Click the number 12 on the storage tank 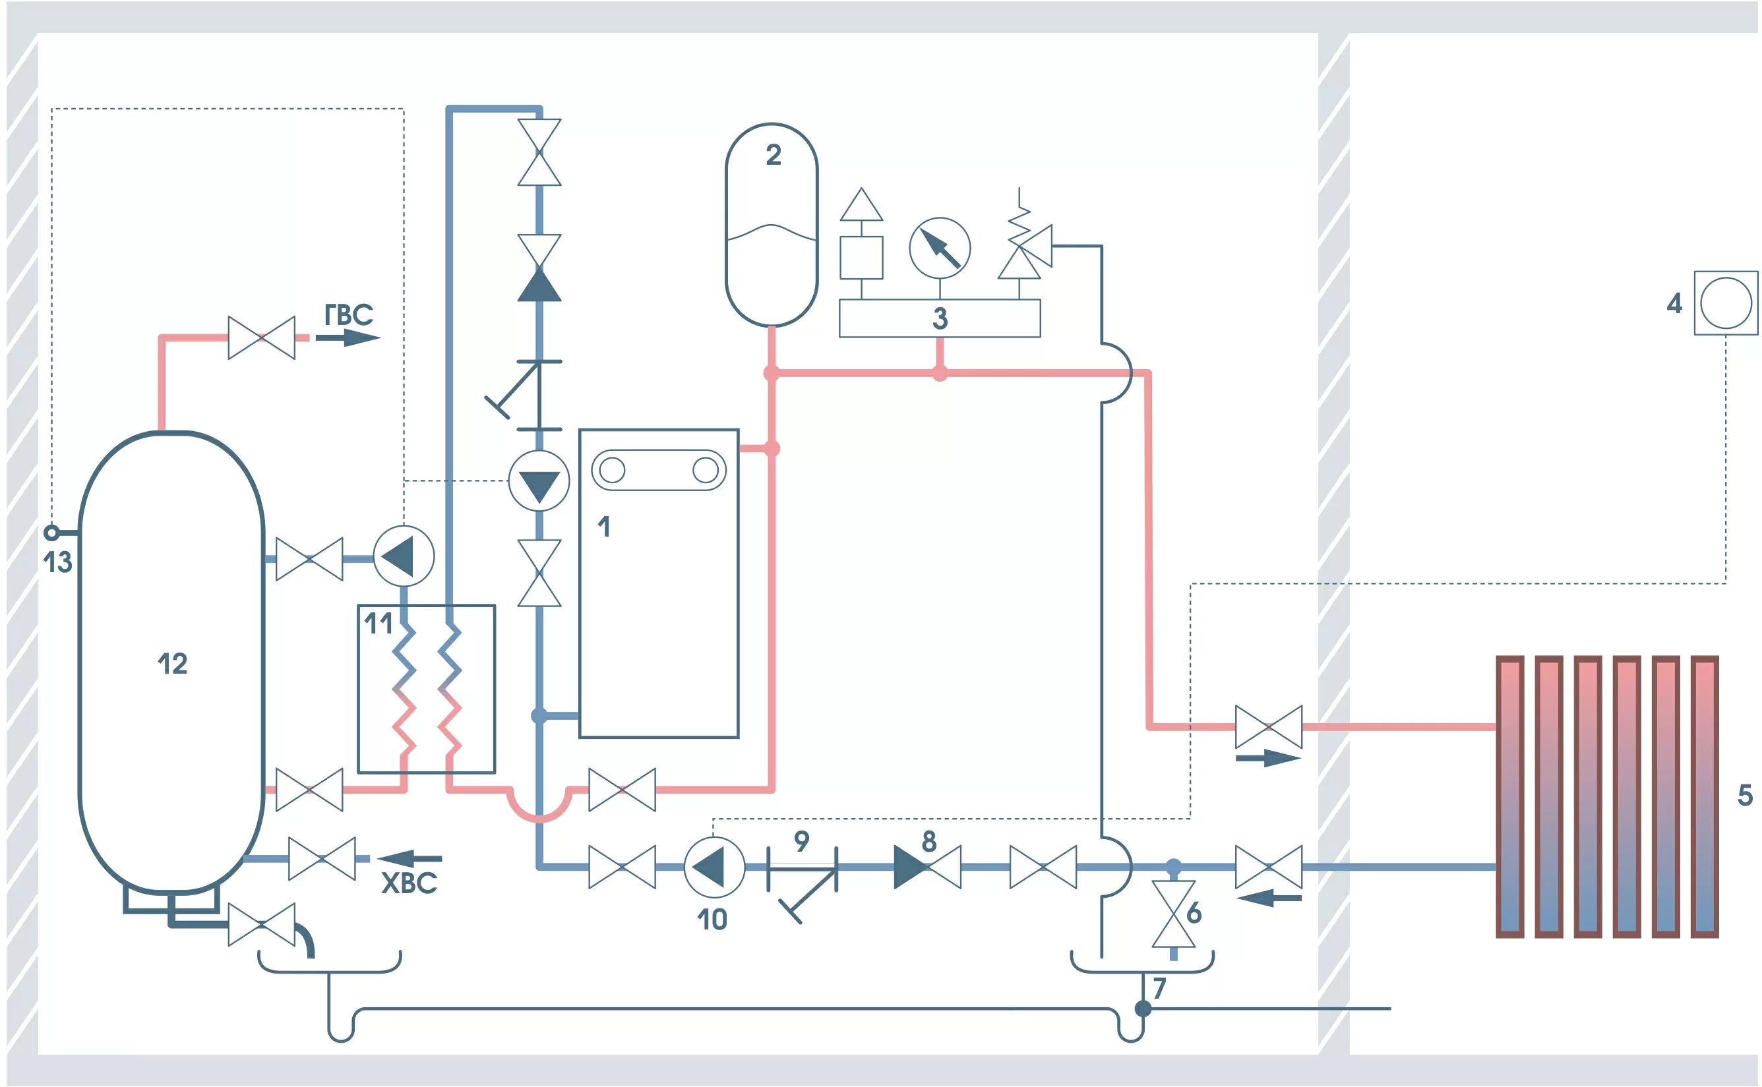173,664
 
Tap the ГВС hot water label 349,315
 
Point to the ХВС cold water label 408,883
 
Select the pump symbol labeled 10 714,867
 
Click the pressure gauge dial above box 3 939,248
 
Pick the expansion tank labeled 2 772,224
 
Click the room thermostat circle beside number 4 1725,303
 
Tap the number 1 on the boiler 604,527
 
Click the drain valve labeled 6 1173,914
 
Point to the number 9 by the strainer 801,840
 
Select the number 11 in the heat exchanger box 379,624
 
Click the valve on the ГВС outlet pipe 262,337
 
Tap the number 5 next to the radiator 1745,795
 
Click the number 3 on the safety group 940,318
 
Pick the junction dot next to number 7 1143,1009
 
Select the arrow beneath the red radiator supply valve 1268,758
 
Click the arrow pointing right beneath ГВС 348,337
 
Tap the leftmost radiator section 1509,796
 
